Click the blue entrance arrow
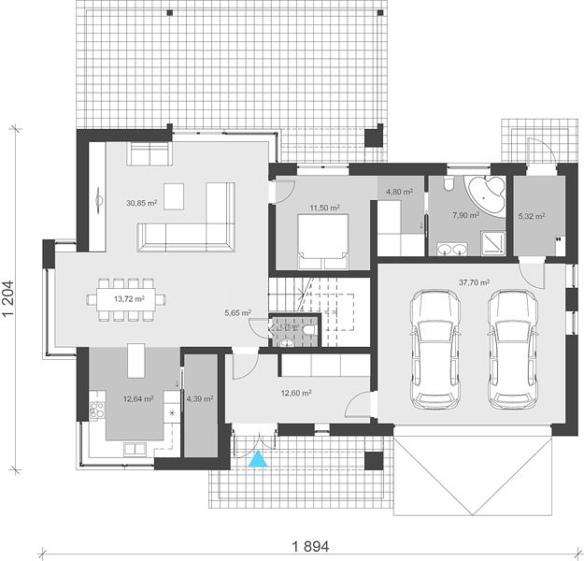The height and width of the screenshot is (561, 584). pyautogui.click(x=258, y=459)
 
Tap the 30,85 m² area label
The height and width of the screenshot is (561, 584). pyautogui.click(x=141, y=203)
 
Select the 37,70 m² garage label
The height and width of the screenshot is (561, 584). pyautogui.click(x=474, y=282)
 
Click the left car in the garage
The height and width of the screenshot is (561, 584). pyautogui.click(x=435, y=350)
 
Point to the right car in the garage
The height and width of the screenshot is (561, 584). pyautogui.click(x=513, y=350)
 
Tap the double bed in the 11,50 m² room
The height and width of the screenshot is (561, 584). pyautogui.click(x=323, y=241)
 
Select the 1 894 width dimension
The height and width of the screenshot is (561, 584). pyautogui.click(x=310, y=547)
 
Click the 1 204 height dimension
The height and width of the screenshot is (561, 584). pyautogui.click(x=8, y=298)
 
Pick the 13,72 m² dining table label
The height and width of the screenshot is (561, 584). pyautogui.click(x=129, y=299)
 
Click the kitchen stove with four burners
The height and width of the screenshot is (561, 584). pyautogui.click(x=96, y=410)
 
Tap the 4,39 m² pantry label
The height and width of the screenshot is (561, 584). pyautogui.click(x=200, y=399)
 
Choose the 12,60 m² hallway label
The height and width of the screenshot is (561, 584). pyautogui.click(x=296, y=393)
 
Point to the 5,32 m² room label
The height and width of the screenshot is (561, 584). pyautogui.click(x=532, y=216)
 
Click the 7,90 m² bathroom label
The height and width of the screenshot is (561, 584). pyautogui.click(x=465, y=215)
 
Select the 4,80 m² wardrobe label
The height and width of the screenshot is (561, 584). pyautogui.click(x=399, y=192)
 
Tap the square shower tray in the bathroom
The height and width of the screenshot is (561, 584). pyautogui.click(x=493, y=243)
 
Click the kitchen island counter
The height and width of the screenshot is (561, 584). pyautogui.click(x=136, y=361)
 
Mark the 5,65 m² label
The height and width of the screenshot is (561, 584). pyautogui.click(x=237, y=313)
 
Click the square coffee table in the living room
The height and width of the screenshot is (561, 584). pyautogui.click(x=174, y=196)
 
